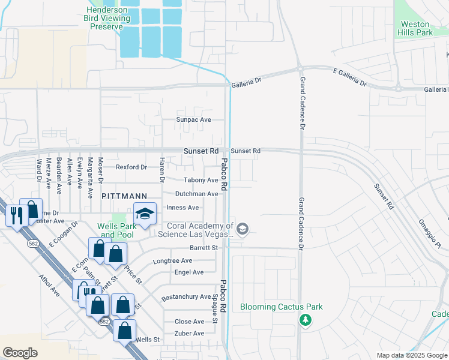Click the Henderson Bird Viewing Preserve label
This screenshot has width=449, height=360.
(x=108, y=18)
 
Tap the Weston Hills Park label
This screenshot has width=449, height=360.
(x=415, y=29)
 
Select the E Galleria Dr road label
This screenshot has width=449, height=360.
(x=349, y=76)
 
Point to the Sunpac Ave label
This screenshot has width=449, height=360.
(x=193, y=119)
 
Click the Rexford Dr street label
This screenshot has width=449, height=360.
(x=131, y=167)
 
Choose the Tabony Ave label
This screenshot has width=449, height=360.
(x=200, y=180)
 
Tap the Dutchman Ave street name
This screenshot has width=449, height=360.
(x=196, y=194)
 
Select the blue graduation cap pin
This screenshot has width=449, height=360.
(x=145, y=214)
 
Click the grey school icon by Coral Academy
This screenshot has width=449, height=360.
(x=243, y=229)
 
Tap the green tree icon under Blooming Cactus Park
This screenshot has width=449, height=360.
(x=306, y=320)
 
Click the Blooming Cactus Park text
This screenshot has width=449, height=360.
(x=282, y=307)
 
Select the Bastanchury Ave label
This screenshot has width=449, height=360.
(x=186, y=297)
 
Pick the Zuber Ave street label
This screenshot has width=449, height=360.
(x=189, y=333)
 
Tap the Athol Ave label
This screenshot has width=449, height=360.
(x=49, y=286)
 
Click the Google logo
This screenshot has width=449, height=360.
(x=20, y=353)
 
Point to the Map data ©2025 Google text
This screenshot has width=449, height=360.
(x=411, y=355)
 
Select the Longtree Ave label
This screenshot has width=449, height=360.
(x=172, y=261)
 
